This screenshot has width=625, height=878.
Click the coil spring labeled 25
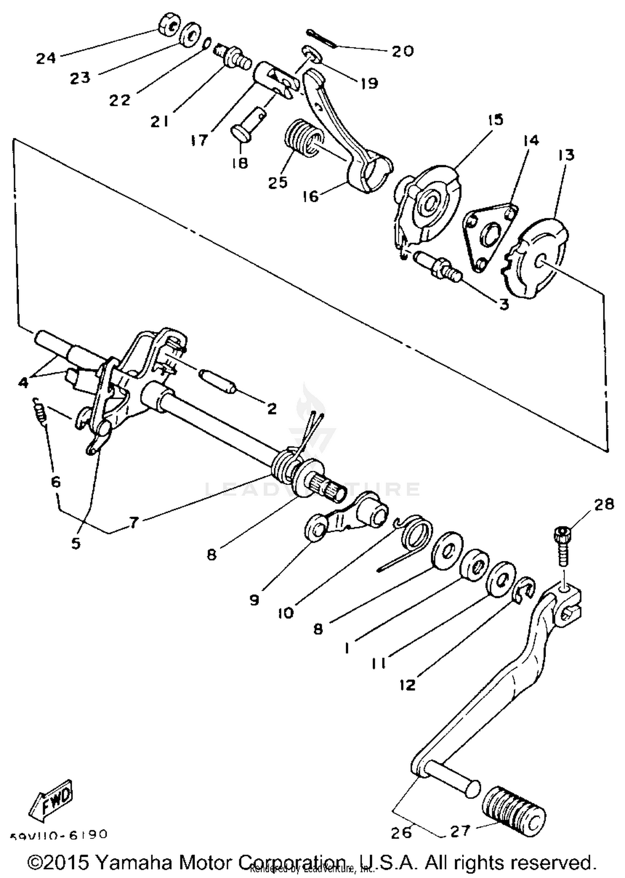point(303,138)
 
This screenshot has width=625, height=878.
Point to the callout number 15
point(495,120)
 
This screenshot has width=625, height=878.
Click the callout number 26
point(401,832)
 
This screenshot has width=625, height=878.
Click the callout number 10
point(286,613)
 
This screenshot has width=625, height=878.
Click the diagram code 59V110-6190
point(59,835)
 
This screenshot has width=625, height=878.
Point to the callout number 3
point(504,305)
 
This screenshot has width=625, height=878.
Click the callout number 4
point(23,382)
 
